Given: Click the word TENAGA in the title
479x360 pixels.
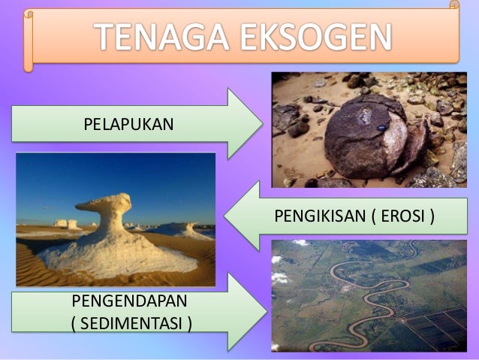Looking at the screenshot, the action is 161,37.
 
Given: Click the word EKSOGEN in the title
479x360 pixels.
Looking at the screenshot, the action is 316,37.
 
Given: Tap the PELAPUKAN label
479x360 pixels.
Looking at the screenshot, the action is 128,124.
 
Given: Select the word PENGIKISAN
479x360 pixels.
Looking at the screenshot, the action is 320,216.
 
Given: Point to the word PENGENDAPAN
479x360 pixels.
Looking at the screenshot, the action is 130,301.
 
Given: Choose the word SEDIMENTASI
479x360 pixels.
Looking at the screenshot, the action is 131,323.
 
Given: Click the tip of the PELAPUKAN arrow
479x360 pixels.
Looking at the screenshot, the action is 263,123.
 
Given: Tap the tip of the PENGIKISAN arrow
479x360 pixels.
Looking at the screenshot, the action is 224,216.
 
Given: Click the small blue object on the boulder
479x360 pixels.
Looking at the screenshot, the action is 381,128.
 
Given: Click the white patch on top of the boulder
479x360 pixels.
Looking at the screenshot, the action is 365,116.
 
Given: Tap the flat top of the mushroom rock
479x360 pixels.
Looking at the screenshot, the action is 104,202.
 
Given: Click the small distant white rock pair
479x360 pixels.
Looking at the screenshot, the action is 66,224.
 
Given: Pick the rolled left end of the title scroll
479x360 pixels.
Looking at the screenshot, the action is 29,41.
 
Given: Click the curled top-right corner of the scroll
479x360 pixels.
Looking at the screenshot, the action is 454,5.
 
